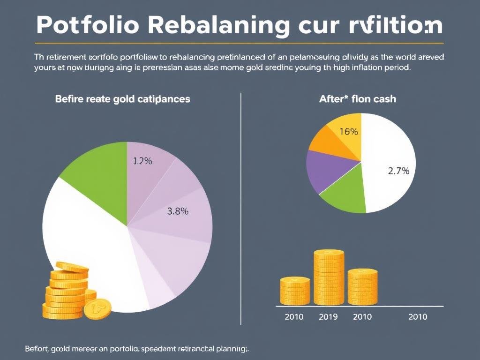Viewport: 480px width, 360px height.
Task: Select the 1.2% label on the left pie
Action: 142,161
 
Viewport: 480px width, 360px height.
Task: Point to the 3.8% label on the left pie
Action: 178,211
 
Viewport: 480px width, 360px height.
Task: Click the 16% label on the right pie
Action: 349,132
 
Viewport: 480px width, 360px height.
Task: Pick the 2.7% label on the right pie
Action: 398,171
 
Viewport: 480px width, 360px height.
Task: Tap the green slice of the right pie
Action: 346,197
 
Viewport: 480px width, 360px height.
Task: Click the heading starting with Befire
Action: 122,99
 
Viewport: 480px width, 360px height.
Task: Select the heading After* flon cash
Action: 357,99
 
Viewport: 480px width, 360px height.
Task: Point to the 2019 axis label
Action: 328,317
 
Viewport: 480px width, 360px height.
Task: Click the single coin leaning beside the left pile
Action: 97,309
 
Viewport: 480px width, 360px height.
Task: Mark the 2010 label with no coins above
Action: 418,317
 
